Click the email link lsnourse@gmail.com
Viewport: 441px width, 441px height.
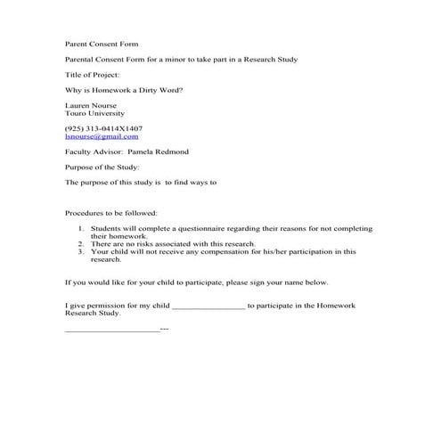click(x=102, y=136)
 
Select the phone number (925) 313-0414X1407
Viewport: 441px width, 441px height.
click(x=103, y=128)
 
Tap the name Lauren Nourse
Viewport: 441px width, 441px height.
click(x=92, y=106)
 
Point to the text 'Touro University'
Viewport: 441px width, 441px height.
click(x=95, y=114)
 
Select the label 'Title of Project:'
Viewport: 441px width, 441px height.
click(x=92, y=75)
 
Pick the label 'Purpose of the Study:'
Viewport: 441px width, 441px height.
click(x=102, y=167)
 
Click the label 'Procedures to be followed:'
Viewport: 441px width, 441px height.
click(x=111, y=214)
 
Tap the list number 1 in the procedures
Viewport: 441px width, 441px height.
click(x=81, y=229)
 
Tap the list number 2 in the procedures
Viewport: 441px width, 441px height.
click(x=81, y=243)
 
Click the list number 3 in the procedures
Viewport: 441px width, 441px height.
click(x=81, y=251)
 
